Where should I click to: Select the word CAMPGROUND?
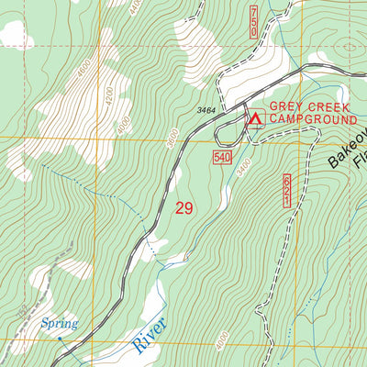click(x=312, y=120)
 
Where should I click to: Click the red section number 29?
click(x=183, y=208)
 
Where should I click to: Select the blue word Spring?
click(x=58, y=324)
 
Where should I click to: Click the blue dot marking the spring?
click(x=61, y=338)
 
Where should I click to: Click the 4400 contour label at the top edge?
click(x=136, y=7)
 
